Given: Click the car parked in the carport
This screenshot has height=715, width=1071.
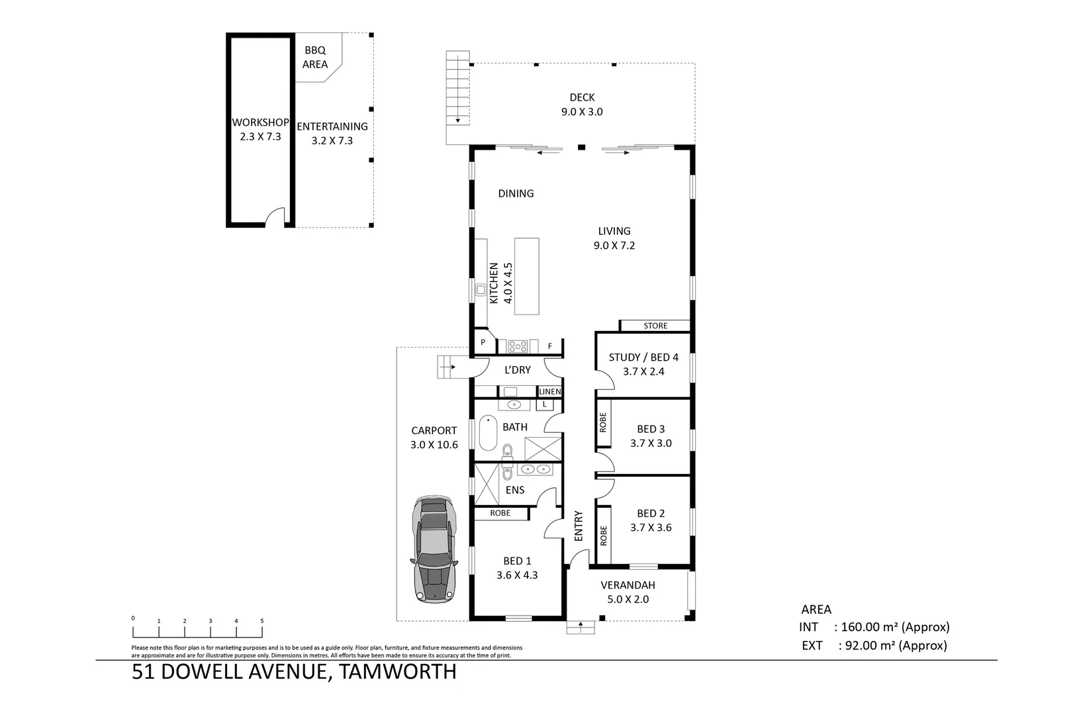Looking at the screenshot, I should coord(434,549).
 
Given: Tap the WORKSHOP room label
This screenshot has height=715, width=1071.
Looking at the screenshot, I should coord(260,122).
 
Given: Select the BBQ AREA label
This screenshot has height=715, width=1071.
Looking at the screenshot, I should coord(315,58).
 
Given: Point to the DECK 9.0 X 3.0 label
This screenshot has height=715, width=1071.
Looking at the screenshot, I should coord(582,105).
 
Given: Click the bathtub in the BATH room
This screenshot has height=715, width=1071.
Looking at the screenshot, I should coord(488,432).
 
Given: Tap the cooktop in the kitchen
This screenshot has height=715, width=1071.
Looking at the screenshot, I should coord(518,346).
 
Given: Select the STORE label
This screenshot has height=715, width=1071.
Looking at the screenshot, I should coord(655,326).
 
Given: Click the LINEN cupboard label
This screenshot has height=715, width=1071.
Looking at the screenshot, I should coord(549,392).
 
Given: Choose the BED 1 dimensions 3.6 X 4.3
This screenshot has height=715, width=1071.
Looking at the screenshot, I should coord(517,575).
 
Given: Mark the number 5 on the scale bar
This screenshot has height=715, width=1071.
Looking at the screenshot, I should coord(262,620).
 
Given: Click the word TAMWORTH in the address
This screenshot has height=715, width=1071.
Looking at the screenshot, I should coord(397,672).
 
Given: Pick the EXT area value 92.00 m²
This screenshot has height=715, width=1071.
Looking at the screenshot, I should coord(893,645).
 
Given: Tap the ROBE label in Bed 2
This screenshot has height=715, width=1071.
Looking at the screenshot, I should coord(603,535).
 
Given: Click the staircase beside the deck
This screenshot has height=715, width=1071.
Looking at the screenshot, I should coord(457,88).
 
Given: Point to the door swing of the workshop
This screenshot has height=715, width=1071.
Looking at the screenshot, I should coord(274,218).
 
